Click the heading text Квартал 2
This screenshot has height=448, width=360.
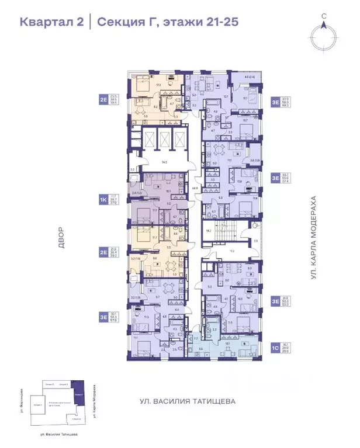point(51,23)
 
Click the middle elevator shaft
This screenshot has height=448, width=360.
point(164,140)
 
